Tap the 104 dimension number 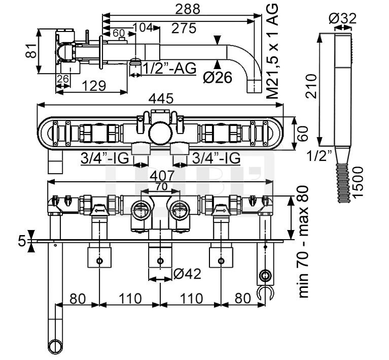pyautogui.click(x=144, y=28)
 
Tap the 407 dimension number pyautogui.click(x=161, y=176)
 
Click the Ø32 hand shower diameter pyautogui.click(x=342, y=19)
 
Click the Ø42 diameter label pyautogui.click(x=186, y=274)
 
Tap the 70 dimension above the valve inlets pyautogui.click(x=161, y=186)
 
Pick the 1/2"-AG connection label pyautogui.click(x=169, y=68)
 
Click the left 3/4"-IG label pyautogui.click(x=104, y=158)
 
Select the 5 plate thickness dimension pyautogui.click(x=21, y=241)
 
